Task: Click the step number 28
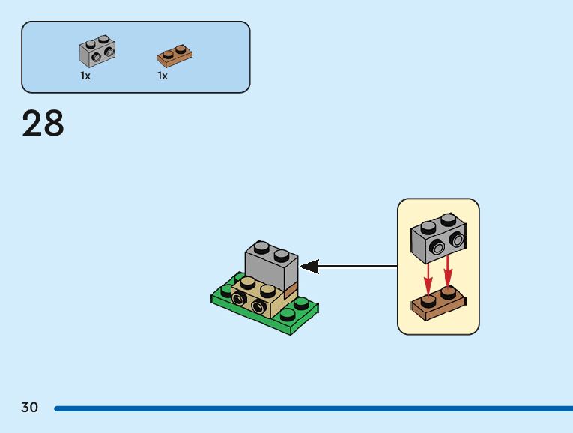click(43, 123)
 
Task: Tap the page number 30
click(29, 408)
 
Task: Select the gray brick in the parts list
click(97, 50)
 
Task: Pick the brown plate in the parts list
click(174, 55)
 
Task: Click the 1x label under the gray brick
click(85, 76)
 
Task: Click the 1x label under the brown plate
click(163, 76)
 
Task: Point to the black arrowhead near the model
click(309, 266)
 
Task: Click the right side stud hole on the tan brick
click(258, 306)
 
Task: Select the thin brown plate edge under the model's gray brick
click(292, 288)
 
